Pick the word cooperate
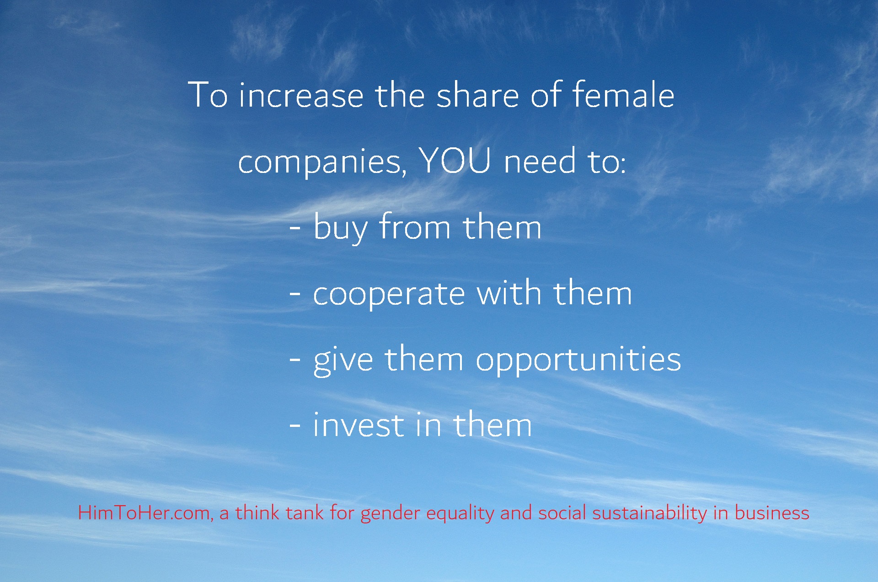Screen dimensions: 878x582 (389, 295)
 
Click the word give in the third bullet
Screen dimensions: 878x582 (343, 361)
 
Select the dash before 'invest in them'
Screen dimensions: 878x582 (295, 426)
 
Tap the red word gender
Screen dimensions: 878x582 (390, 514)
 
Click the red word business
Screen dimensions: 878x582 (772, 512)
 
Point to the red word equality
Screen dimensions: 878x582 (460, 513)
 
